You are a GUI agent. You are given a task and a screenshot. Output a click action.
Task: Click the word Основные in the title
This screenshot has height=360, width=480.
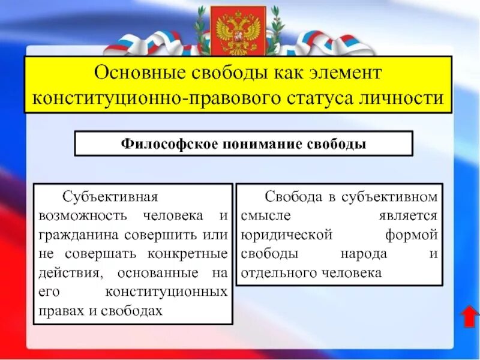click(x=139, y=74)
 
